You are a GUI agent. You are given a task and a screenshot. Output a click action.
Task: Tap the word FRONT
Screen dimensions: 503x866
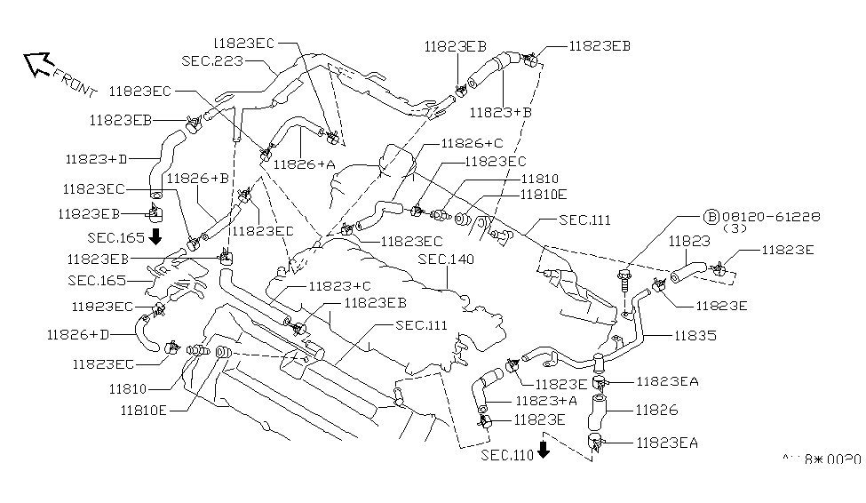pyautogui.click(x=75, y=83)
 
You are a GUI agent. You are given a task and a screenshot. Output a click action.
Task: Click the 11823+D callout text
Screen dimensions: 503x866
pyautogui.click(x=97, y=159)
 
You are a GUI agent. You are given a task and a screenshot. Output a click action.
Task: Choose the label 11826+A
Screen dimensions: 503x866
pyautogui.click(x=305, y=164)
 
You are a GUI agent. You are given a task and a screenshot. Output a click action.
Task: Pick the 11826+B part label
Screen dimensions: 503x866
pyautogui.click(x=197, y=178)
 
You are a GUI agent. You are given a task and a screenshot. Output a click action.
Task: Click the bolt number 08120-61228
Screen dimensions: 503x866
pyautogui.click(x=770, y=216)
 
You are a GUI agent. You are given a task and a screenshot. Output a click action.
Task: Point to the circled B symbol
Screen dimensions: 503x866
pyautogui.click(x=711, y=216)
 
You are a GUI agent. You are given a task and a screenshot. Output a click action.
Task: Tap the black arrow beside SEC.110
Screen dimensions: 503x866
pyautogui.click(x=544, y=448)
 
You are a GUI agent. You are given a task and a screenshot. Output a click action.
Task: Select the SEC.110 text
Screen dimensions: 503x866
pyautogui.click(x=508, y=455)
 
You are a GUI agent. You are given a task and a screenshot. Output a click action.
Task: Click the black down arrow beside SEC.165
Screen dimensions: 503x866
pyautogui.click(x=156, y=236)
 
